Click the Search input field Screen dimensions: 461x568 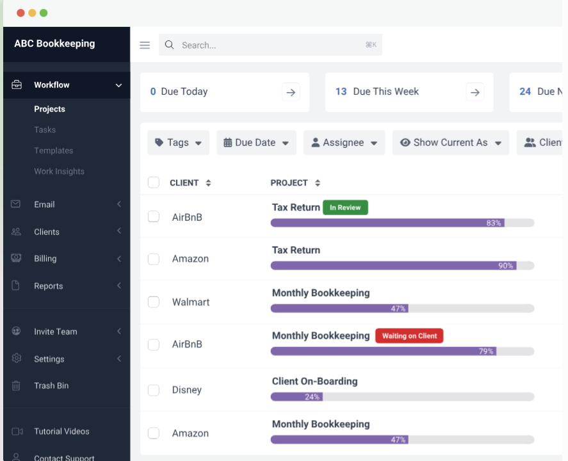pyautogui.click(x=269, y=45)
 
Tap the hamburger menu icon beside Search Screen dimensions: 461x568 pyautogui.click(x=145, y=45)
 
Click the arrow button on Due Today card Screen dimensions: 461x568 pyautogui.click(x=291, y=92)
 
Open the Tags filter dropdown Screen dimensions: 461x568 pyautogui.click(x=178, y=143)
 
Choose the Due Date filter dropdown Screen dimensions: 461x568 pyautogui.click(x=256, y=143)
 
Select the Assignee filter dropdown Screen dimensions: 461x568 pyautogui.click(x=344, y=143)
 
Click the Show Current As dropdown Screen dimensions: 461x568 pyautogui.click(x=450, y=143)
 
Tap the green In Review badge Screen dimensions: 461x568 pyautogui.click(x=345, y=207)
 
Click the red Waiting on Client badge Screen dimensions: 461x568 pyautogui.click(x=409, y=336)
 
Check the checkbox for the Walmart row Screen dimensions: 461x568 pyautogui.click(x=154, y=302)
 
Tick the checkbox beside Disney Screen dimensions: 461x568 pyautogui.click(x=154, y=390)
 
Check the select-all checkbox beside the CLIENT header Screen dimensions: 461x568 pyautogui.click(x=154, y=182)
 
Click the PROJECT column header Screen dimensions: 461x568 pyautogui.click(x=289, y=183)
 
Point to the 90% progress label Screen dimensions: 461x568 pyautogui.click(x=505, y=266)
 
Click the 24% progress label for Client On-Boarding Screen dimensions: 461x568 pyautogui.click(x=312, y=397)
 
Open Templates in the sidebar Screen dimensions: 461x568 pyautogui.click(x=54, y=150)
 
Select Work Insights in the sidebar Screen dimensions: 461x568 pyautogui.click(x=59, y=172)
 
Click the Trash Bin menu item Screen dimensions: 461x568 pyautogui.click(x=51, y=385)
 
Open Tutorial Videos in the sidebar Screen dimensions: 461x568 pyautogui.click(x=61, y=432)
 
